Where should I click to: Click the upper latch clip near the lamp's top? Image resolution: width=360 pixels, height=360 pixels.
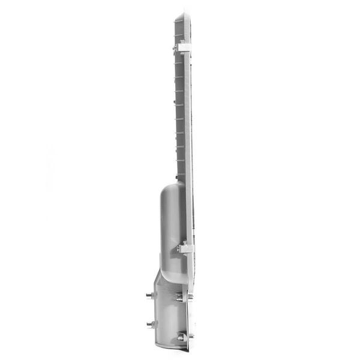(184, 47)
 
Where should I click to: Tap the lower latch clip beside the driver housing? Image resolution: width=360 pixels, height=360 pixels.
(185, 247)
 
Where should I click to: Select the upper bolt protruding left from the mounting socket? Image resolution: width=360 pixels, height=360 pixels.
(149, 295)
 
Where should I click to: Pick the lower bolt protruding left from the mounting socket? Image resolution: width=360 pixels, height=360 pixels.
(149, 324)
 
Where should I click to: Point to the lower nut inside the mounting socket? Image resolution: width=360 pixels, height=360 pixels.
(181, 337)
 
